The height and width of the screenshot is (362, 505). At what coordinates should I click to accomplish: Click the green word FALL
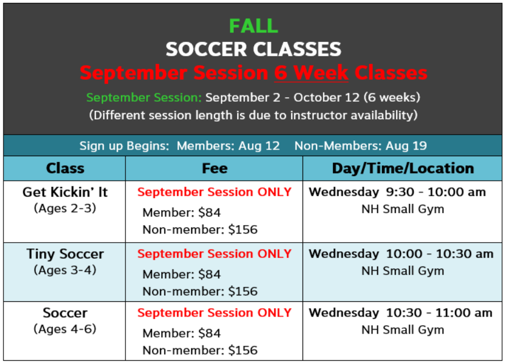click(254, 26)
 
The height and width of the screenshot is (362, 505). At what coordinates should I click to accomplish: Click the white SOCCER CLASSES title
click(254, 49)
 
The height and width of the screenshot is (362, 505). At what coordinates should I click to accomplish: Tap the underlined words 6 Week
click(311, 73)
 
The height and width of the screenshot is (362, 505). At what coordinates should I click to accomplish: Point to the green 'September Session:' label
click(144, 97)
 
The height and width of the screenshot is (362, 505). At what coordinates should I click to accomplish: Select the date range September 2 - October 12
click(283, 97)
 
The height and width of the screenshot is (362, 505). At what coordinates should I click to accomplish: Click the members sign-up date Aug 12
click(259, 146)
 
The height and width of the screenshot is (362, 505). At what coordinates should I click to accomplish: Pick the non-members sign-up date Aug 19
click(406, 146)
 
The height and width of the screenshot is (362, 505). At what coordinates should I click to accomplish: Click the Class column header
click(65, 168)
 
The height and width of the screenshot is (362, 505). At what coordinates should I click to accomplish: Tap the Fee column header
click(214, 168)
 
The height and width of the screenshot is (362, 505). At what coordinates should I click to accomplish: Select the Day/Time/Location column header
click(403, 168)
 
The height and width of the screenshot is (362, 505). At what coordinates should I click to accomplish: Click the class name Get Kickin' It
click(65, 192)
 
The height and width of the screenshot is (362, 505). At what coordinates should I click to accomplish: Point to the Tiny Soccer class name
click(65, 254)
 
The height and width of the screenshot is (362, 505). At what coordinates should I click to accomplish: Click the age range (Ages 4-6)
click(65, 329)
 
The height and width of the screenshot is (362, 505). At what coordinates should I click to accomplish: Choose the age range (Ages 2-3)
click(65, 209)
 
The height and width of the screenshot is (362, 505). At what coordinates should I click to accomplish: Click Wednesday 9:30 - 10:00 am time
click(397, 192)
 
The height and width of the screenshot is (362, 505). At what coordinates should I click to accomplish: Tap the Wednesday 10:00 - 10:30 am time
click(401, 254)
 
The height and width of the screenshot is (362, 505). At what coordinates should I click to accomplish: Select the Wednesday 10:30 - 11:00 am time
click(401, 313)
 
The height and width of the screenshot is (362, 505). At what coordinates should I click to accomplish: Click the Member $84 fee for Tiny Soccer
click(182, 274)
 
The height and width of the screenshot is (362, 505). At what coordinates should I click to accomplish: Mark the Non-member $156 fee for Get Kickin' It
click(200, 230)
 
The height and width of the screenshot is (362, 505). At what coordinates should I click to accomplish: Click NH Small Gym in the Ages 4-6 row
click(403, 330)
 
